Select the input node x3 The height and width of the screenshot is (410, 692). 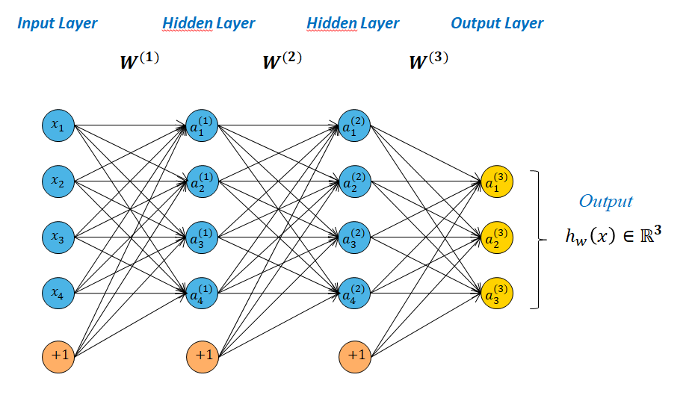tap(58, 237)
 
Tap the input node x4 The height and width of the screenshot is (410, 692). tap(58, 292)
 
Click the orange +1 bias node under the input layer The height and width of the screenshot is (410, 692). tap(58, 355)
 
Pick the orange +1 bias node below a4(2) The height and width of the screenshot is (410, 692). tap(354, 355)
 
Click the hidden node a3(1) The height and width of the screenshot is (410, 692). tap(202, 237)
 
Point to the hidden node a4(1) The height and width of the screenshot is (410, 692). tap(202, 292)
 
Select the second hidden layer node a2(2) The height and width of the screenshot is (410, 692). tap(354, 181)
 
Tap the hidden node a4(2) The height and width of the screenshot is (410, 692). tap(354, 292)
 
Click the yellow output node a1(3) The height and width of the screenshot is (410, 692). tap(498, 181)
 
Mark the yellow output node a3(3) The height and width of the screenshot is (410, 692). tap(498, 292)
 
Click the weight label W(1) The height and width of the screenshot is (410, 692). tap(139, 60)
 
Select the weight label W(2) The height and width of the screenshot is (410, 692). tap(282, 60)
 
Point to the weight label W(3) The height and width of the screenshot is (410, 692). tap(428, 60)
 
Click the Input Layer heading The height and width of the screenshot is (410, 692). tap(58, 23)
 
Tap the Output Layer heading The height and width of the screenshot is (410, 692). tap(497, 23)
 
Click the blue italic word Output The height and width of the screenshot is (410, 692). tap(605, 202)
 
